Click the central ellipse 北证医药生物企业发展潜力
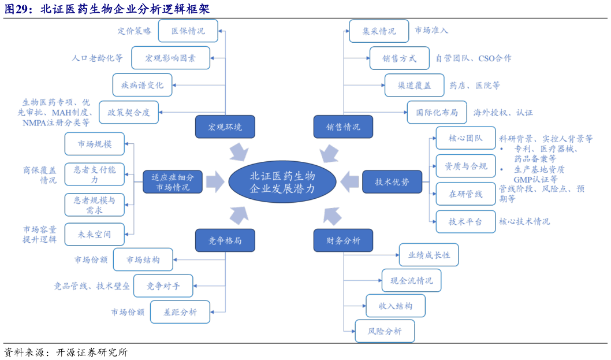pyautogui.click(x=282, y=182)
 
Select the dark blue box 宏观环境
pyautogui.click(x=225, y=127)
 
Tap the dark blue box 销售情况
pyautogui.click(x=343, y=127)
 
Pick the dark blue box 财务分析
pyautogui.click(x=343, y=240)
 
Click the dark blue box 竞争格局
pyautogui.click(x=225, y=240)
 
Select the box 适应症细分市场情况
pyautogui.click(x=172, y=182)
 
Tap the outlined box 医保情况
pyautogui.click(x=188, y=31)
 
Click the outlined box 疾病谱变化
pyautogui.click(x=142, y=85)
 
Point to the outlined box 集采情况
pyautogui.click(x=379, y=31)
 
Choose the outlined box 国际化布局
pyautogui.click(x=437, y=112)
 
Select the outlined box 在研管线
pyautogui.click(x=465, y=194)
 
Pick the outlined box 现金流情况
pyautogui.click(x=411, y=280)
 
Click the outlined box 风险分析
pyautogui.click(x=385, y=331)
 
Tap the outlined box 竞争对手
pyautogui.click(x=163, y=285)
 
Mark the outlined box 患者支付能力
pyautogui.click(x=94, y=174)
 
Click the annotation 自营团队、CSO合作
pyautogui.click(x=473, y=58)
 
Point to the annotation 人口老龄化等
pyautogui.click(x=97, y=58)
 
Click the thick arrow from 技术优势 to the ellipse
pyautogui.click(x=349, y=181)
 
